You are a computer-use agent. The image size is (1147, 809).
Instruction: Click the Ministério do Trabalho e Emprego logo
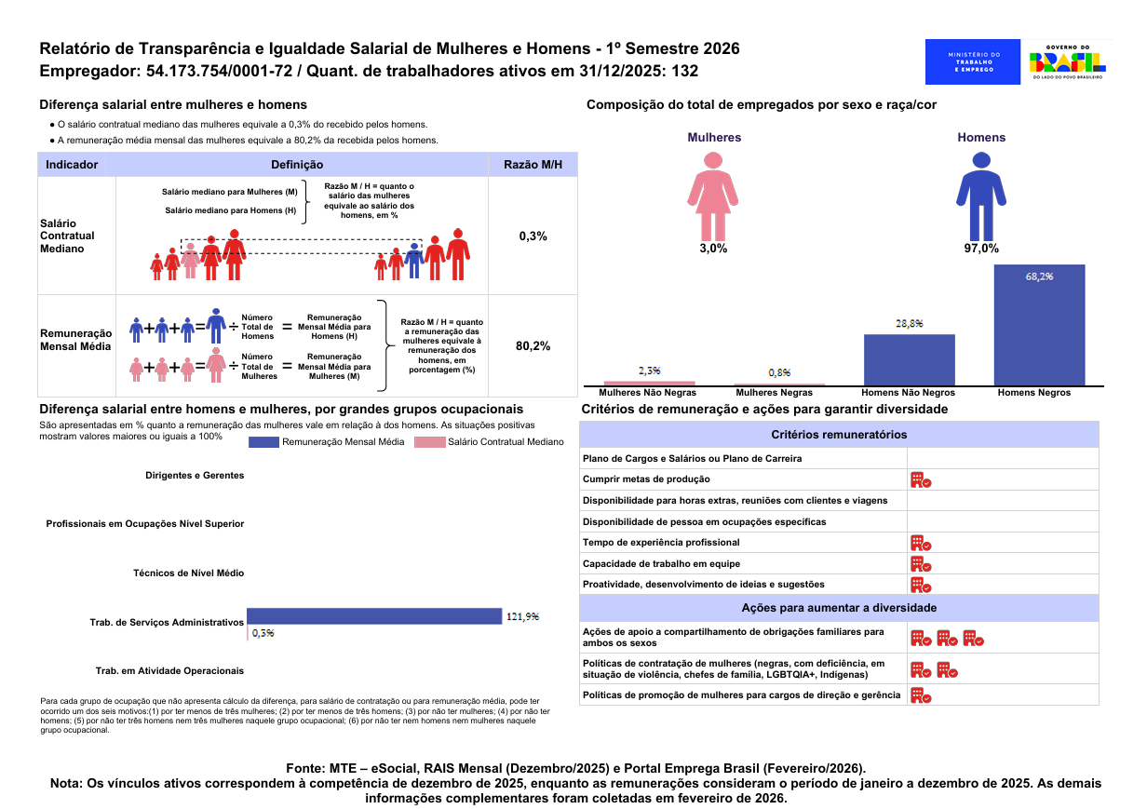tap(972, 62)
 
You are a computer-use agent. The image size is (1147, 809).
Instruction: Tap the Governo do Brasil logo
tap(1067, 62)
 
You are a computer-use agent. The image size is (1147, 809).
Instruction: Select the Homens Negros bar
tap(1039, 325)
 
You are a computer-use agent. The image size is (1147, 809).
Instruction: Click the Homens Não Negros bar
tap(909, 360)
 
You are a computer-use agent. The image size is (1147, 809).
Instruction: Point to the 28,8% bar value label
tap(910, 324)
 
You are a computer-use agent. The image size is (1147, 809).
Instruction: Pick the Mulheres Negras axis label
tap(774, 393)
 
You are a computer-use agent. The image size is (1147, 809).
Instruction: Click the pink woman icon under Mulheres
tap(713, 196)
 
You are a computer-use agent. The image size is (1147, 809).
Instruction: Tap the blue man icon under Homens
tap(981, 196)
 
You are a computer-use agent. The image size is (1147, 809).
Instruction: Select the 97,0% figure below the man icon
tap(981, 249)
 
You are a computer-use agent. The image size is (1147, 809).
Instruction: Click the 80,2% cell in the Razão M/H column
tap(533, 346)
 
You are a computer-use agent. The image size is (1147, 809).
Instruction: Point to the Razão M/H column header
tap(533, 165)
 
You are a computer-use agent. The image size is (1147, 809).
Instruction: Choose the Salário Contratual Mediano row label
tap(67, 236)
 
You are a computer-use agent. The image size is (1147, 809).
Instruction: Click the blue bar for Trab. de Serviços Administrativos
tap(374, 616)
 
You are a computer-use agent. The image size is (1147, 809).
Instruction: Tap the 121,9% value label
tap(522, 616)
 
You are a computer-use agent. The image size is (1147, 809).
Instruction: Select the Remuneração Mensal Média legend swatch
tap(263, 442)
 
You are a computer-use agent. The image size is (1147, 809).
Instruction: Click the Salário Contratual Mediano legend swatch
tap(429, 442)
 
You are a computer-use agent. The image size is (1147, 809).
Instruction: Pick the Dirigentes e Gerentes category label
tap(195, 475)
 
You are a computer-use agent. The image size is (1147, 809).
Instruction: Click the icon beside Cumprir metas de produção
tap(921, 479)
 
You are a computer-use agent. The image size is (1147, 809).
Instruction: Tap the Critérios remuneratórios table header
tap(839, 435)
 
